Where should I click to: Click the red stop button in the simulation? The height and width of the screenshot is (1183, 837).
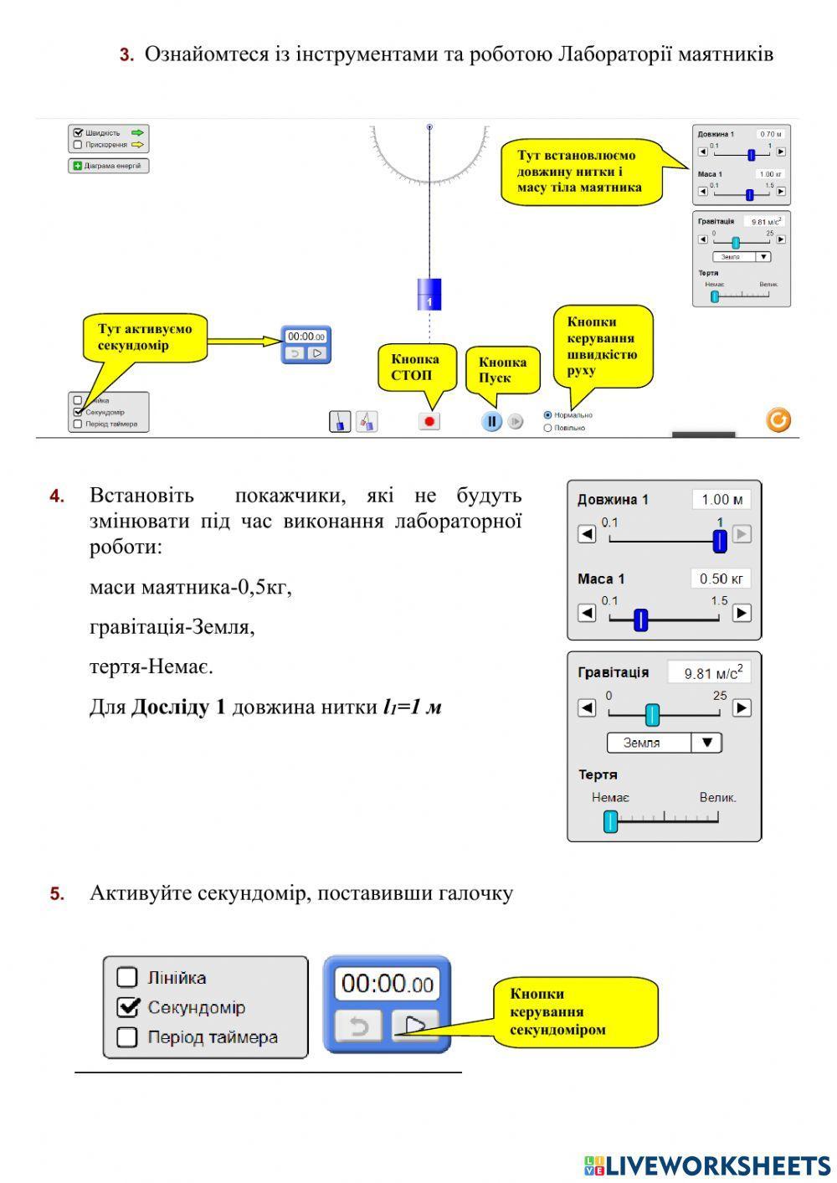tap(429, 421)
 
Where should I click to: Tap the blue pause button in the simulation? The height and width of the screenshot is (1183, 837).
tap(491, 421)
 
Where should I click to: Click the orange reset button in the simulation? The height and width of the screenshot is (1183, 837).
tap(778, 419)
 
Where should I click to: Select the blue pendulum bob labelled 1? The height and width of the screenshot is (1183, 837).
tap(429, 295)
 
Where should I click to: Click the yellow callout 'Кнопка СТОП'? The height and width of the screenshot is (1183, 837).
tap(416, 367)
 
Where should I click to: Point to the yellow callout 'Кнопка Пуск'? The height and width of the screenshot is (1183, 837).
tap(502, 369)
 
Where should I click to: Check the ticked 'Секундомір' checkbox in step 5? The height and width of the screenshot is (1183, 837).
tap(127, 1007)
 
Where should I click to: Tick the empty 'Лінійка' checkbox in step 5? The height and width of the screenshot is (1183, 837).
tap(127, 977)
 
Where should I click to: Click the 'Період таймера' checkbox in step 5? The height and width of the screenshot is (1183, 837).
tap(127, 1037)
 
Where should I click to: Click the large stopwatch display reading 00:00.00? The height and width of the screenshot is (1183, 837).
tap(387, 983)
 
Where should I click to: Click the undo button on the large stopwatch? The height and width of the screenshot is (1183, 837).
tap(359, 1026)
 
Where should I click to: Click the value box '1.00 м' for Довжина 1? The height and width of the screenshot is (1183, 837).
tap(721, 500)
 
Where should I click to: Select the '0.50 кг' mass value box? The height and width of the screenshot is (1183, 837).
tap(721, 579)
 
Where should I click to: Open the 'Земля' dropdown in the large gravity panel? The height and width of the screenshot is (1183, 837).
tap(664, 743)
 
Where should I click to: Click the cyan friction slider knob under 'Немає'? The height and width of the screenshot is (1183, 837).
tap(611, 821)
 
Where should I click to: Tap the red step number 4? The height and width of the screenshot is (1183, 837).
tap(57, 496)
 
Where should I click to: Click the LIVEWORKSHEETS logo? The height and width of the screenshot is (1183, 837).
tap(707, 1165)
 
